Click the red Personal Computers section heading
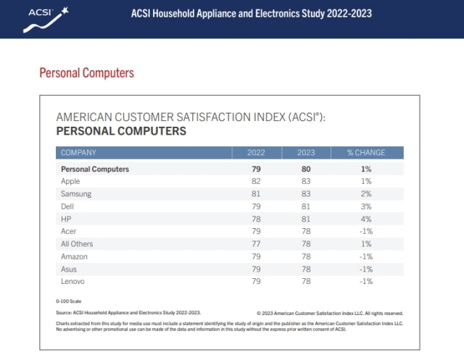point(86,73)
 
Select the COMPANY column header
point(78,153)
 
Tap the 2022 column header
point(256,153)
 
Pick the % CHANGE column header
point(366,153)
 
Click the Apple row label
point(70,181)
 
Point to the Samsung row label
point(76,194)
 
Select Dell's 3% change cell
point(366,206)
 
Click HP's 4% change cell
point(366,219)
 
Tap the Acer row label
point(69,231)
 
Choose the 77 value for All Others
point(256,244)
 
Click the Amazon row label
point(75,256)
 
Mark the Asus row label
point(69,269)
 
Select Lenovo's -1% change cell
point(366,281)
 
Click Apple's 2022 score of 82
point(256,181)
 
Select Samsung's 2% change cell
point(366,194)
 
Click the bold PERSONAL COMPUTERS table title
point(121,131)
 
